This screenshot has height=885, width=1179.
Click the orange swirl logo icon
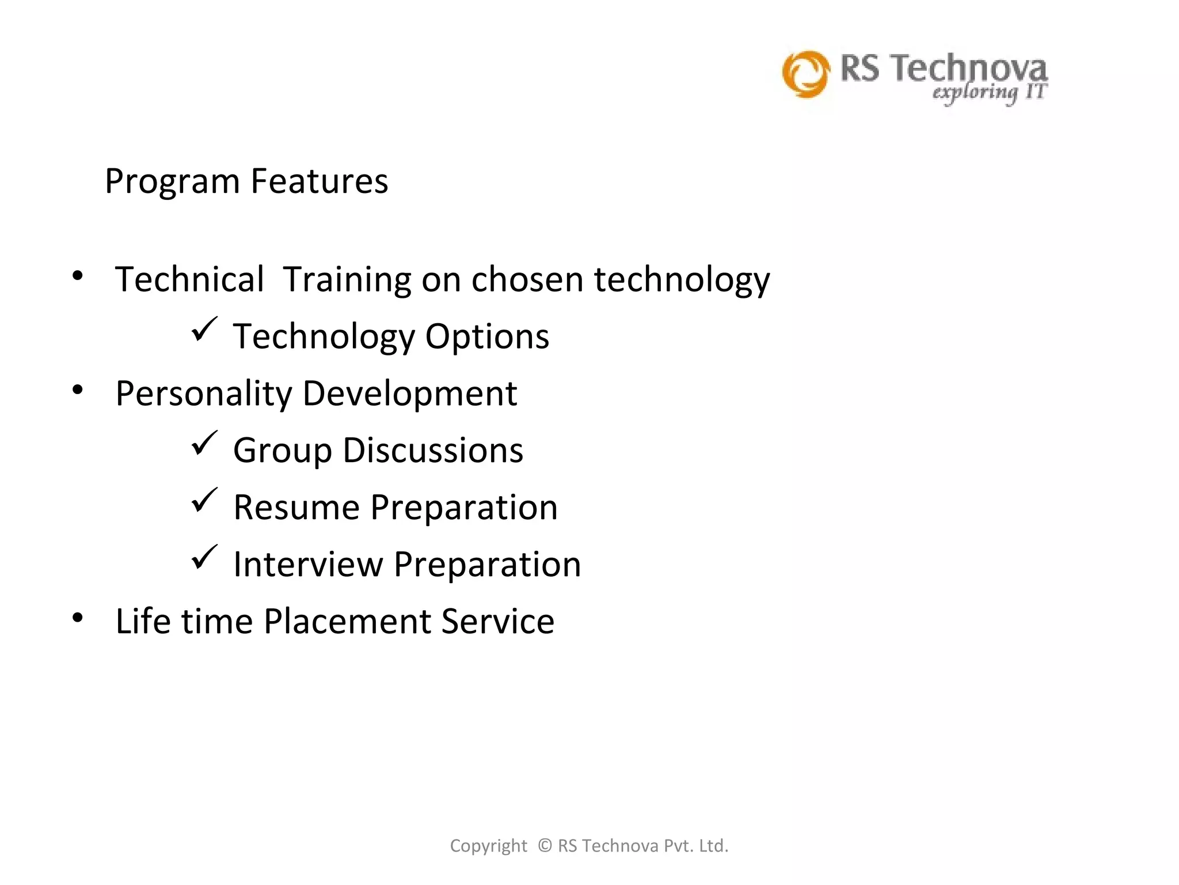click(806, 74)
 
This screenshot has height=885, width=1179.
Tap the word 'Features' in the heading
click(320, 181)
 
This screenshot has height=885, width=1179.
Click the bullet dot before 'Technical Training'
click(78, 276)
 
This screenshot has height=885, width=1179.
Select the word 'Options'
click(487, 336)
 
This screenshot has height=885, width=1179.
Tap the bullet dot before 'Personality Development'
click(78, 390)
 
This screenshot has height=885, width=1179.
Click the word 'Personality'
click(204, 394)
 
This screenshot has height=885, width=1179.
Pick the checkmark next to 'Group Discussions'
click(204, 443)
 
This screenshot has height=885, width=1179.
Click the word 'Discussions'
click(433, 450)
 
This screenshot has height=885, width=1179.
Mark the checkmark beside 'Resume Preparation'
click(204, 500)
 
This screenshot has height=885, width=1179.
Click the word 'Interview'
click(308, 564)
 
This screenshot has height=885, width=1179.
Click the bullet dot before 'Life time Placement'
click(78, 618)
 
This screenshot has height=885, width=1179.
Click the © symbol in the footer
click(545, 845)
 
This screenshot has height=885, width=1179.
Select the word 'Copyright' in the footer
click(488, 846)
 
